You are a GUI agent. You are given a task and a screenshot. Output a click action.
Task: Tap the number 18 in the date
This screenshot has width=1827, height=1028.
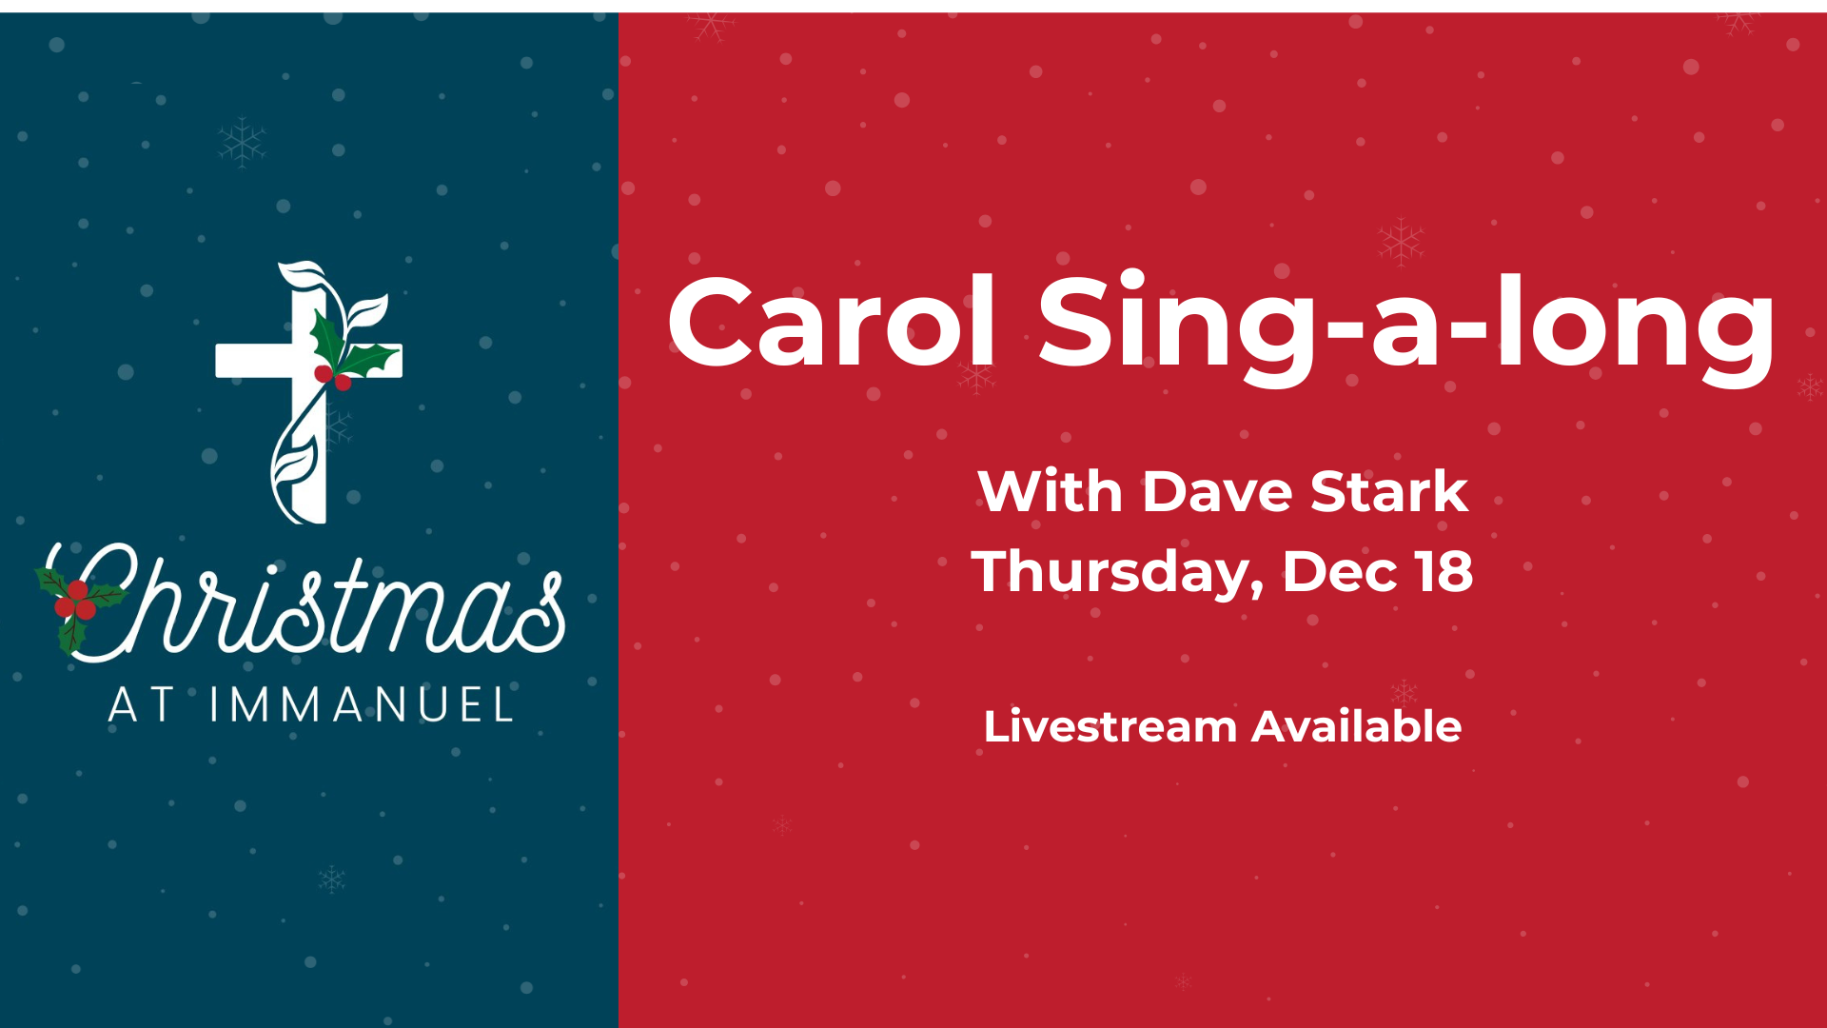coord(1444,571)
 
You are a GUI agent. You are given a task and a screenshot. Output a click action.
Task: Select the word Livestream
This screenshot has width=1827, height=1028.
coord(1110,727)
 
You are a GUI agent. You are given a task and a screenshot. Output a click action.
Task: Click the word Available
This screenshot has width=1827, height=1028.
coord(1356,727)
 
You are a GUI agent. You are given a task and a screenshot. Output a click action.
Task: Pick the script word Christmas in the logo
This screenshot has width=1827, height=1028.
coord(314,605)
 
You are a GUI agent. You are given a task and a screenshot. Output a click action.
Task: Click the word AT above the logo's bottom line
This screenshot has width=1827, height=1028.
coord(141,706)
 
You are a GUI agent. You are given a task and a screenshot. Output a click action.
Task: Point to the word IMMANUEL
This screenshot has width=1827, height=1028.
coord(362,706)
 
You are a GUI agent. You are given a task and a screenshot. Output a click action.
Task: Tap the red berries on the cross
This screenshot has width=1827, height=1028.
coord(333,378)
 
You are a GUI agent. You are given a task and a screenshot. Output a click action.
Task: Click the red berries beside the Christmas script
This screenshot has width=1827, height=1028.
coord(75,601)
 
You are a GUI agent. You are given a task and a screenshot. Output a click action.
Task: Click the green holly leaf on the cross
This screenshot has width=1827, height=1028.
coord(327,338)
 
